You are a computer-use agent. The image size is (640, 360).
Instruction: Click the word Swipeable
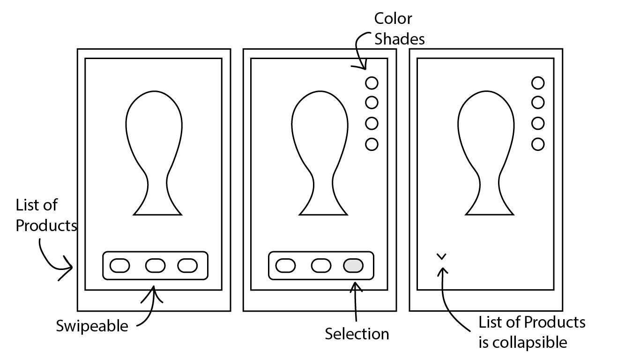pos(92,326)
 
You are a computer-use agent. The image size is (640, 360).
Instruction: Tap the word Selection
pos(357,334)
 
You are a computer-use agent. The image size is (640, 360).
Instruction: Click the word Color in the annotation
pos(393,19)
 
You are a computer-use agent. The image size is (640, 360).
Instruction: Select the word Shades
pos(400,39)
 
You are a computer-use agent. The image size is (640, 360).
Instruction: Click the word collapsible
pos(522,343)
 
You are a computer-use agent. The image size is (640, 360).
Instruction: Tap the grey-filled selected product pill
pos(353,266)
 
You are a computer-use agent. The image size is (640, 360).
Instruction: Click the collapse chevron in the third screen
pos(441,256)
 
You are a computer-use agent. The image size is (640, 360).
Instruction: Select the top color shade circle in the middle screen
pos(372,83)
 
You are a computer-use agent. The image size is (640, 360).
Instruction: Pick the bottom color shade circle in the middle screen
pos(372,144)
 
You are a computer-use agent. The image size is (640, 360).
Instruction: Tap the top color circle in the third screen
pos(538,83)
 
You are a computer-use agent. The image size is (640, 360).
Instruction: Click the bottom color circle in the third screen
pos(538,144)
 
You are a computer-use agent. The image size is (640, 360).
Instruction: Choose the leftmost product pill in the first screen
pos(119,266)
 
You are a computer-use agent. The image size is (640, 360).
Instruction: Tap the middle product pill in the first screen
pos(155,266)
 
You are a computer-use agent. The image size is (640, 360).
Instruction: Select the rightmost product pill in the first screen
pos(187,266)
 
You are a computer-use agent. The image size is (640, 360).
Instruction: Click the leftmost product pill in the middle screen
pos(285,266)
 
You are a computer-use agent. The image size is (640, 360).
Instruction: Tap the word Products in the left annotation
pos(46,225)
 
